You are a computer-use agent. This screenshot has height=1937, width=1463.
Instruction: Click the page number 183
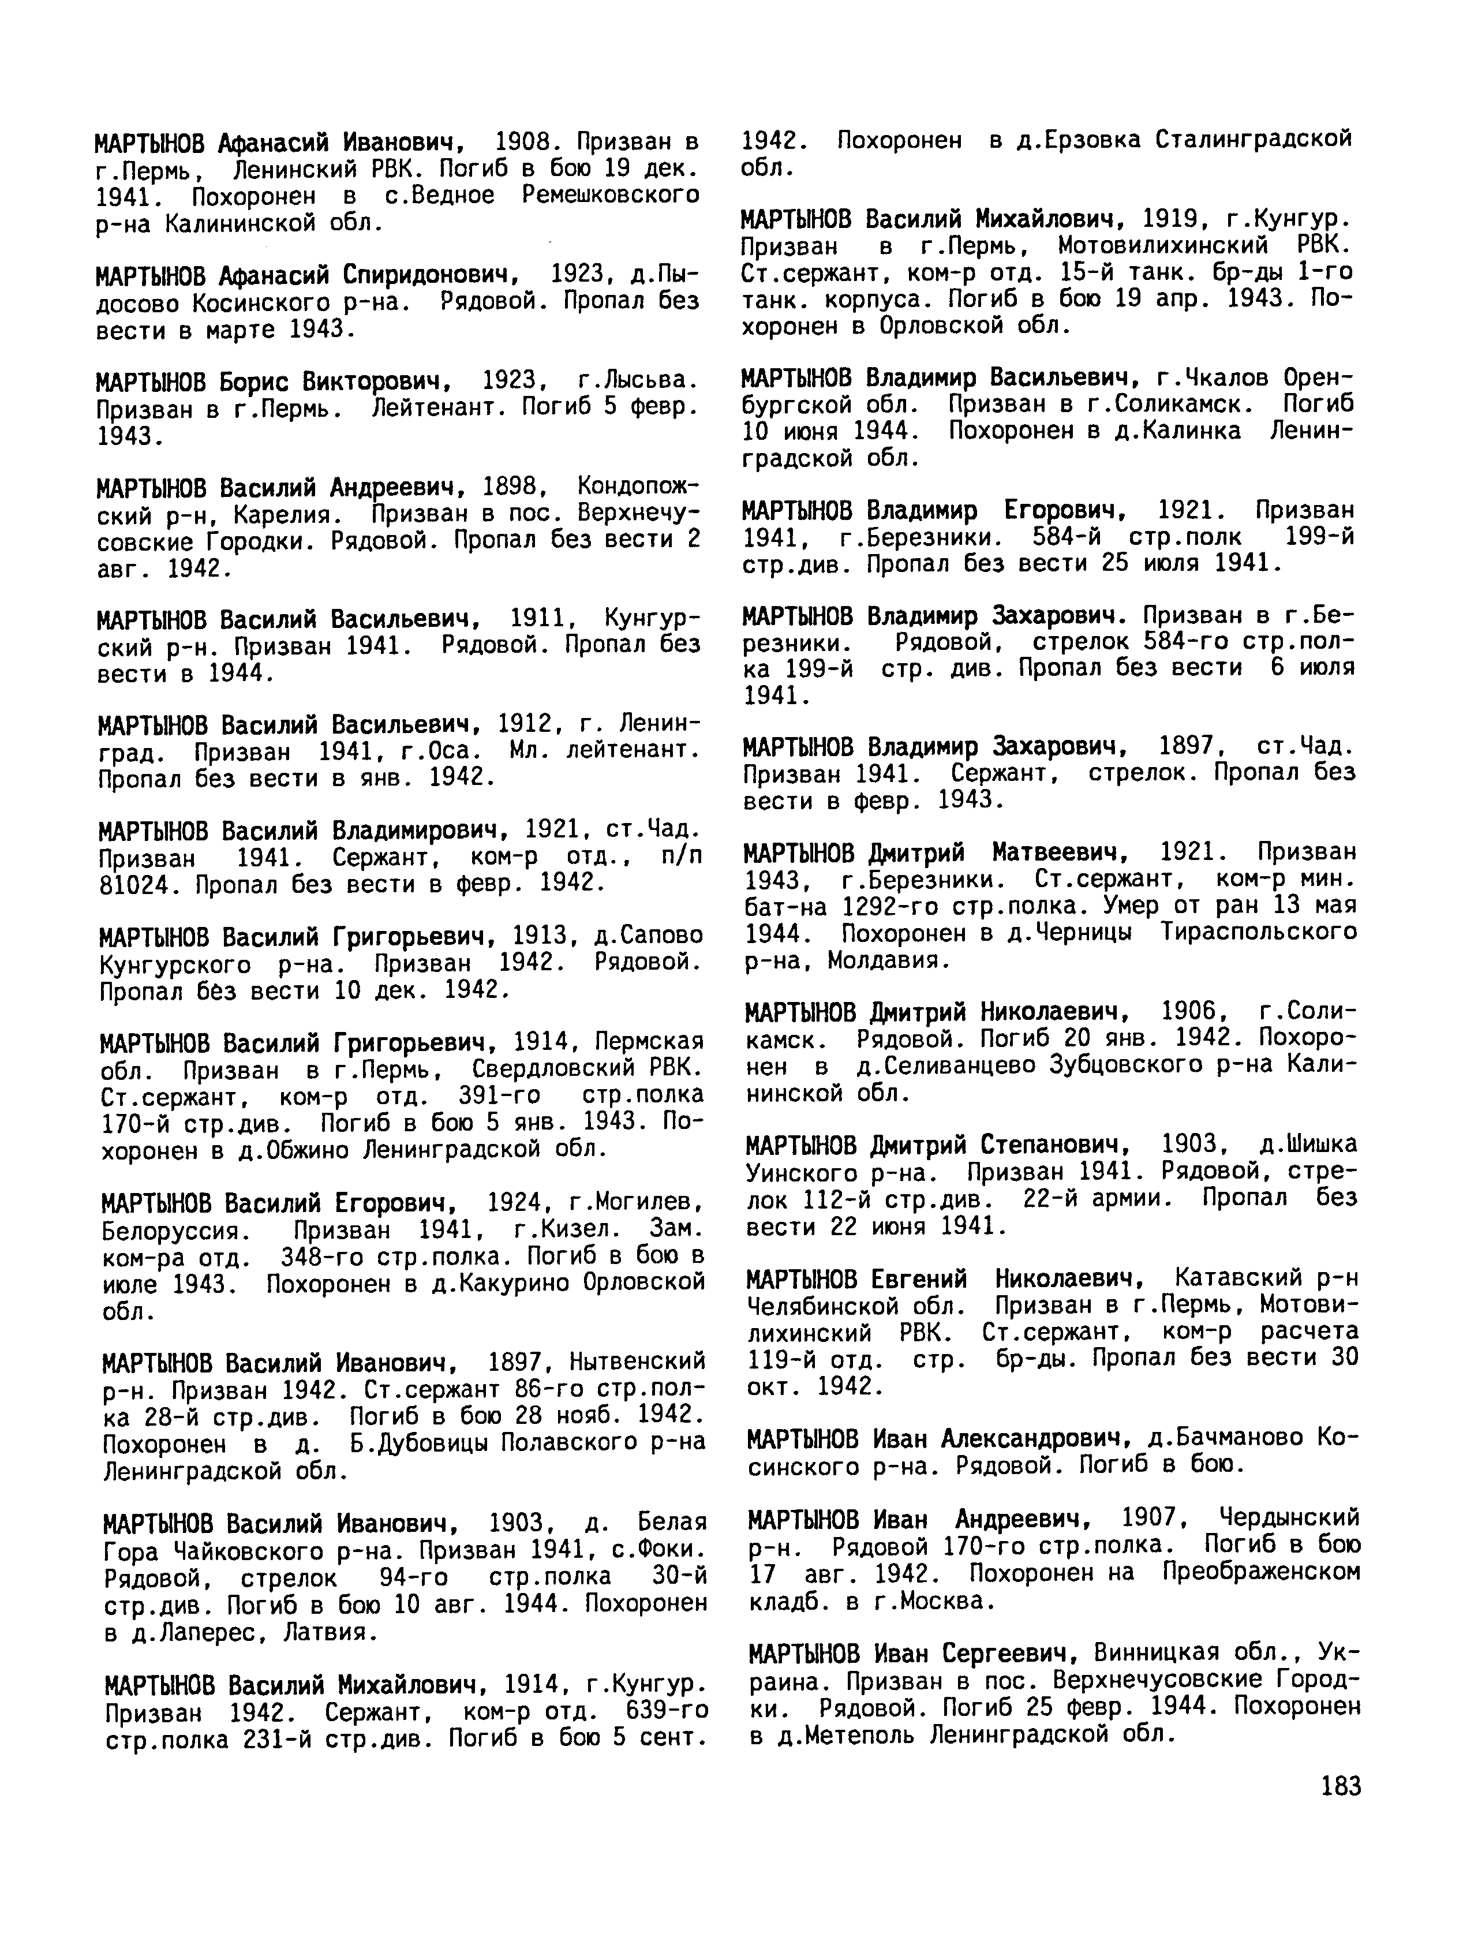pyautogui.click(x=1339, y=1786)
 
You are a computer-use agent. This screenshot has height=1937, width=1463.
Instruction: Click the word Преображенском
pyautogui.click(x=1261, y=1573)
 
